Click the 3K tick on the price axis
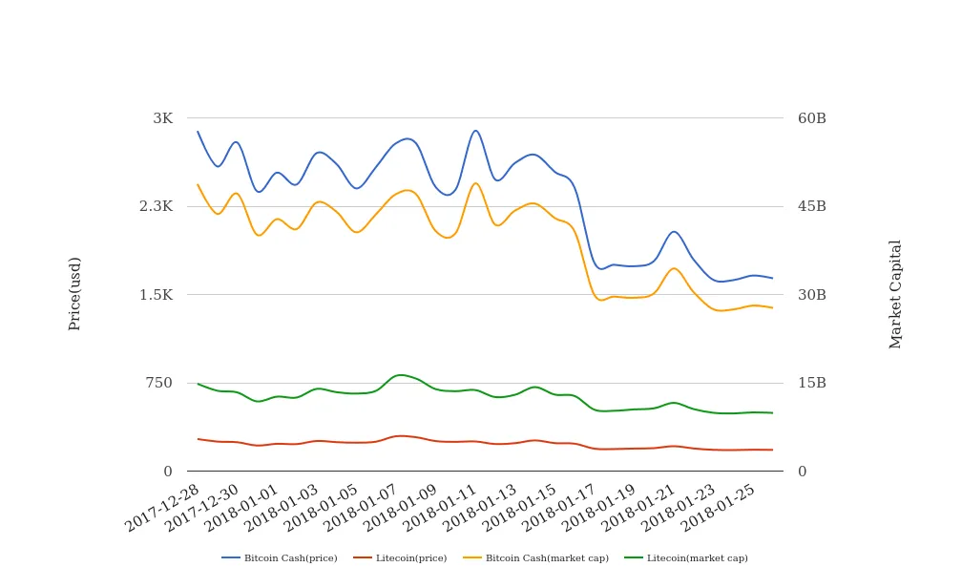pyautogui.click(x=162, y=118)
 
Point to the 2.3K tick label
pyautogui.click(x=157, y=206)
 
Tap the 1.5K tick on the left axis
pyautogui.click(x=157, y=295)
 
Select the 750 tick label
pyautogui.click(x=158, y=383)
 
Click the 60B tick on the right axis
pyautogui.click(x=811, y=118)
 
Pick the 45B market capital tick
pyautogui.click(x=811, y=206)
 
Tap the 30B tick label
pyautogui.click(x=811, y=295)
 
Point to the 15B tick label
pyautogui.click(x=811, y=383)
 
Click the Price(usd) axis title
pyautogui.click(x=74, y=293)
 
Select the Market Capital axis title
pyautogui.click(x=895, y=294)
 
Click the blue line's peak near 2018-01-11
pyautogui.click(x=475, y=131)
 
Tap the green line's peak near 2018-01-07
pyautogui.click(x=401, y=375)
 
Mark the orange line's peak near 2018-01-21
pyautogui.click(x=674, y=268)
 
